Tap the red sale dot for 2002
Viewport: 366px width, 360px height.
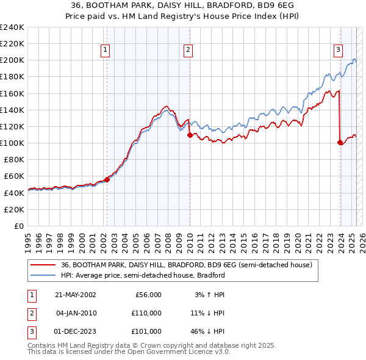pos(107,179)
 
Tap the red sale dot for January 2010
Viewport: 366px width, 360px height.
pos(190,135)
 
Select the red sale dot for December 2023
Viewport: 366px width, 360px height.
pos(340,142)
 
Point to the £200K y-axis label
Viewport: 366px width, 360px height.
pos(12,60)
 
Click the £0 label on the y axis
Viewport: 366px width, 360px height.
pos(18,226)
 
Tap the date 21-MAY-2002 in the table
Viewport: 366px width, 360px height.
pos(76,295)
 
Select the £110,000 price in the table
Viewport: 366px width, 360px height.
pos(146,313)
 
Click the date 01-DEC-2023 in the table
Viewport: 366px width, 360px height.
pos(76,331)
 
